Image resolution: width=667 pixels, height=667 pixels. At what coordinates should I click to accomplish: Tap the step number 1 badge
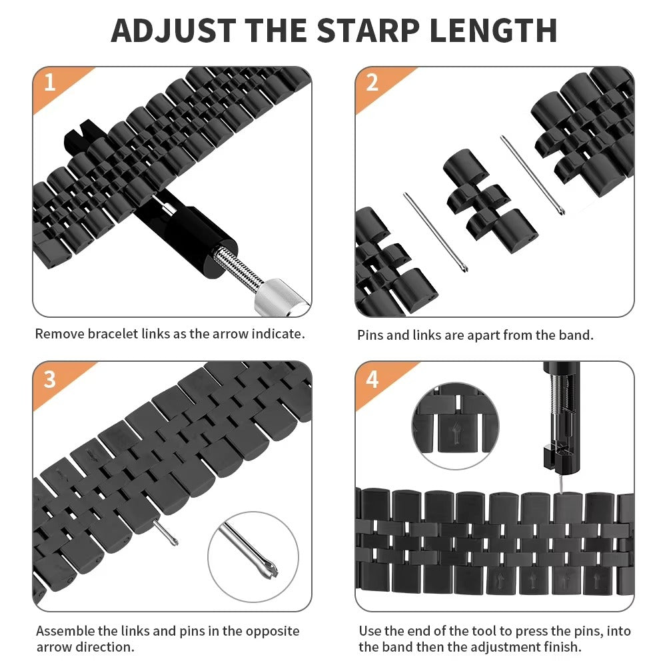tap(49, 83)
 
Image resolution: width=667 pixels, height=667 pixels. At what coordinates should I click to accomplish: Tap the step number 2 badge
tap(372, 83)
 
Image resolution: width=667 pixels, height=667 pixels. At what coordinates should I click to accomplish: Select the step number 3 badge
tap(49, 378)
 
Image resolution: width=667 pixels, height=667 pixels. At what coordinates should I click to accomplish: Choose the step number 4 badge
tap(372, 378)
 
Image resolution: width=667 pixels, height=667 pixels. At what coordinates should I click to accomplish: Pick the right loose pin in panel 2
tap(533, 175)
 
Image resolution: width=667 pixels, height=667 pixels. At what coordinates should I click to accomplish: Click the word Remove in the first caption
tap(59, 334)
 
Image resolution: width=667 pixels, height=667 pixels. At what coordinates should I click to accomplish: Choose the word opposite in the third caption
tap(271, 631)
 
